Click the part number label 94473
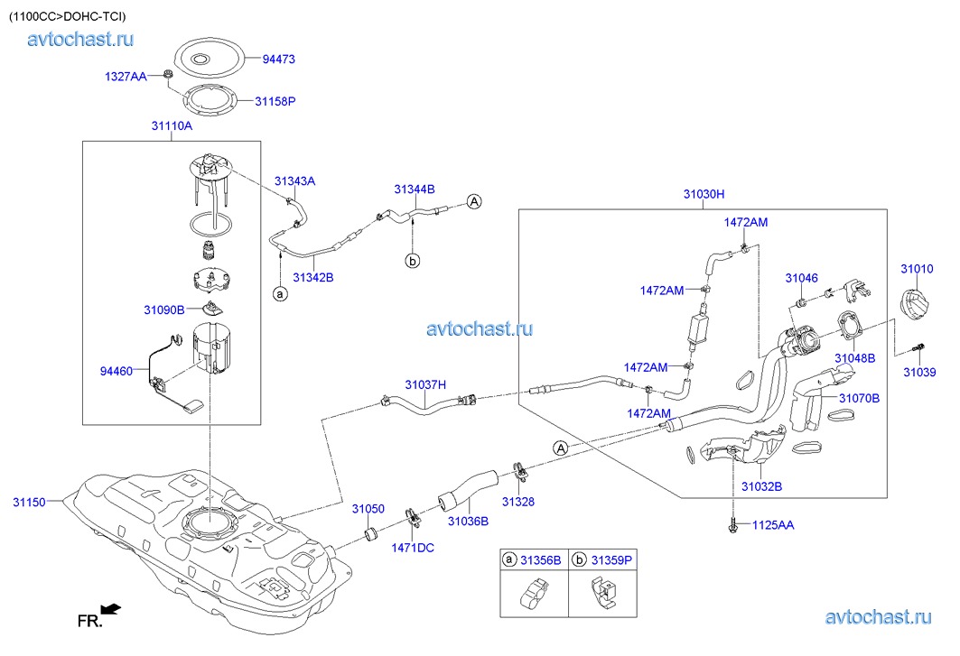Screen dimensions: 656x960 click(x=279, y=59)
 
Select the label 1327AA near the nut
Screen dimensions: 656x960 click(x=125, y=78)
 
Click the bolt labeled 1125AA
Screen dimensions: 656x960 click(x=732, y=522)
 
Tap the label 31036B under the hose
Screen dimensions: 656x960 click(x=468, y=521)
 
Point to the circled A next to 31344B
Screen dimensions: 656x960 click(x=474, y=202)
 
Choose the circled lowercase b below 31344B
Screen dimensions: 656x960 click(x=412, y=261)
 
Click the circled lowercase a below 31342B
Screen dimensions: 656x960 click(x=280, y=293)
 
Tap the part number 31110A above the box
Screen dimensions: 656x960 click(x=172, y=126)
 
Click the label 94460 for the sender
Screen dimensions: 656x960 click(x=117, y=371)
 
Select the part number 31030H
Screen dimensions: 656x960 click(x=704, y=195)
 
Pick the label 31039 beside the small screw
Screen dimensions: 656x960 click(x=921, y=372)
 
